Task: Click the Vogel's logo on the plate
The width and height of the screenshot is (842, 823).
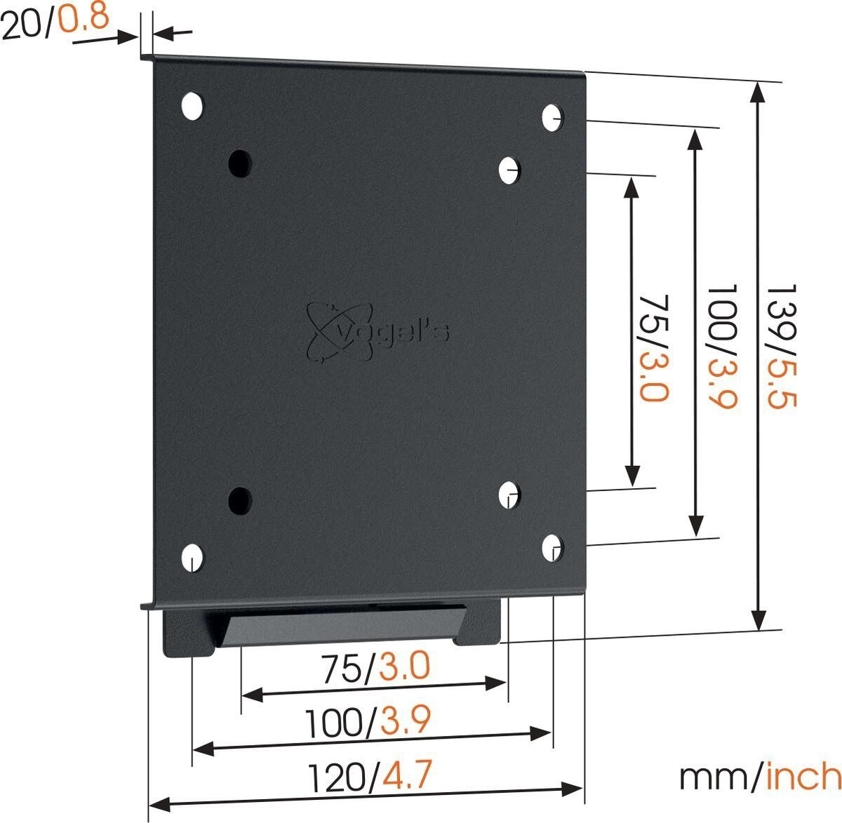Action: [379, 327]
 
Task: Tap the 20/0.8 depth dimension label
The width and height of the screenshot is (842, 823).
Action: [55, 21]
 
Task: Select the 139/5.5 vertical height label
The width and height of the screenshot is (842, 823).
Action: [783, 347]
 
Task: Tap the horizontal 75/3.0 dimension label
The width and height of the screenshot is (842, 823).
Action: [375, 667]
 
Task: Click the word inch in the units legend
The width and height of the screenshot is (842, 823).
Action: [803, 777]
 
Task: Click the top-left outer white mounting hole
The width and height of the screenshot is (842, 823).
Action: [192, 106]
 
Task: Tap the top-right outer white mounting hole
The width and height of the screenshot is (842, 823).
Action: [552, 117]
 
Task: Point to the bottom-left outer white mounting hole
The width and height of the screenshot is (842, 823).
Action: [192, 557]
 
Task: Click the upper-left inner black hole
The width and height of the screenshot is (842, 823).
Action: [240, 163]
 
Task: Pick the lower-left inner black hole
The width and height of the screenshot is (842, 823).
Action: [240, 499]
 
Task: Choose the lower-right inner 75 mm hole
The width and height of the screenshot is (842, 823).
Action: [510, 494]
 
